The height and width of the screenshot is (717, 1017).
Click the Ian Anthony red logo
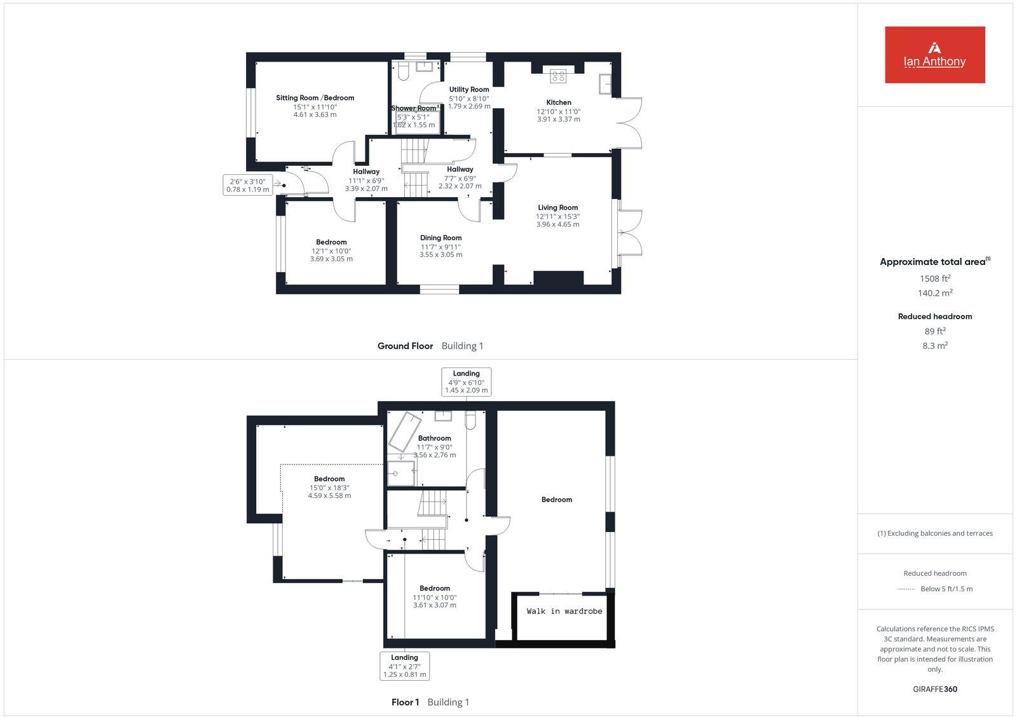[934, 55]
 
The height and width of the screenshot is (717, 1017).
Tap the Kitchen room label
[559, 102]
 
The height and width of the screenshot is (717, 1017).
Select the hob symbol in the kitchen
[558, 76]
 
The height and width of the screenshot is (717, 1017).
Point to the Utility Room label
[469, 90]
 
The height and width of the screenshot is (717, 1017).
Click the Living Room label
[557, 207]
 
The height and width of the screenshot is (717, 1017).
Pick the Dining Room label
[440, 238]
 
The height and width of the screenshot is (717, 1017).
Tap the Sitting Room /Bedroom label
[315, 98]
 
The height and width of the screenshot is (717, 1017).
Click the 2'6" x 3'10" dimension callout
[248, 185]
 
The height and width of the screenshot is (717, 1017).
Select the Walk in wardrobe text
[564, 611]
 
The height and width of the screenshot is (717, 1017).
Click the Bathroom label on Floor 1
[434, 438]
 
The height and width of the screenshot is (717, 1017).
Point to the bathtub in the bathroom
[405, 432]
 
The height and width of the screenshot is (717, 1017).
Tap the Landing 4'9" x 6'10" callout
[466, 382]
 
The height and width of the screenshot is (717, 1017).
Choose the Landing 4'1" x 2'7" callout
[404, 666]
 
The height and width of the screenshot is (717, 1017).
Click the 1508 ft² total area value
[935, 278]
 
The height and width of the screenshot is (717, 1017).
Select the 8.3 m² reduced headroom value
[935, 346]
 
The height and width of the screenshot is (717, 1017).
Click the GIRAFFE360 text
[935, 689]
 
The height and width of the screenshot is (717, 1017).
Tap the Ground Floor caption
[405, 346]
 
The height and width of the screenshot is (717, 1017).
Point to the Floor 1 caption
[405, 702]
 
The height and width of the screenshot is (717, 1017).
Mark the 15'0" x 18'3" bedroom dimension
[329, 488]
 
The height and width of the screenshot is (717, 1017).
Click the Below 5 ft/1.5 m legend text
[946, 589]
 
